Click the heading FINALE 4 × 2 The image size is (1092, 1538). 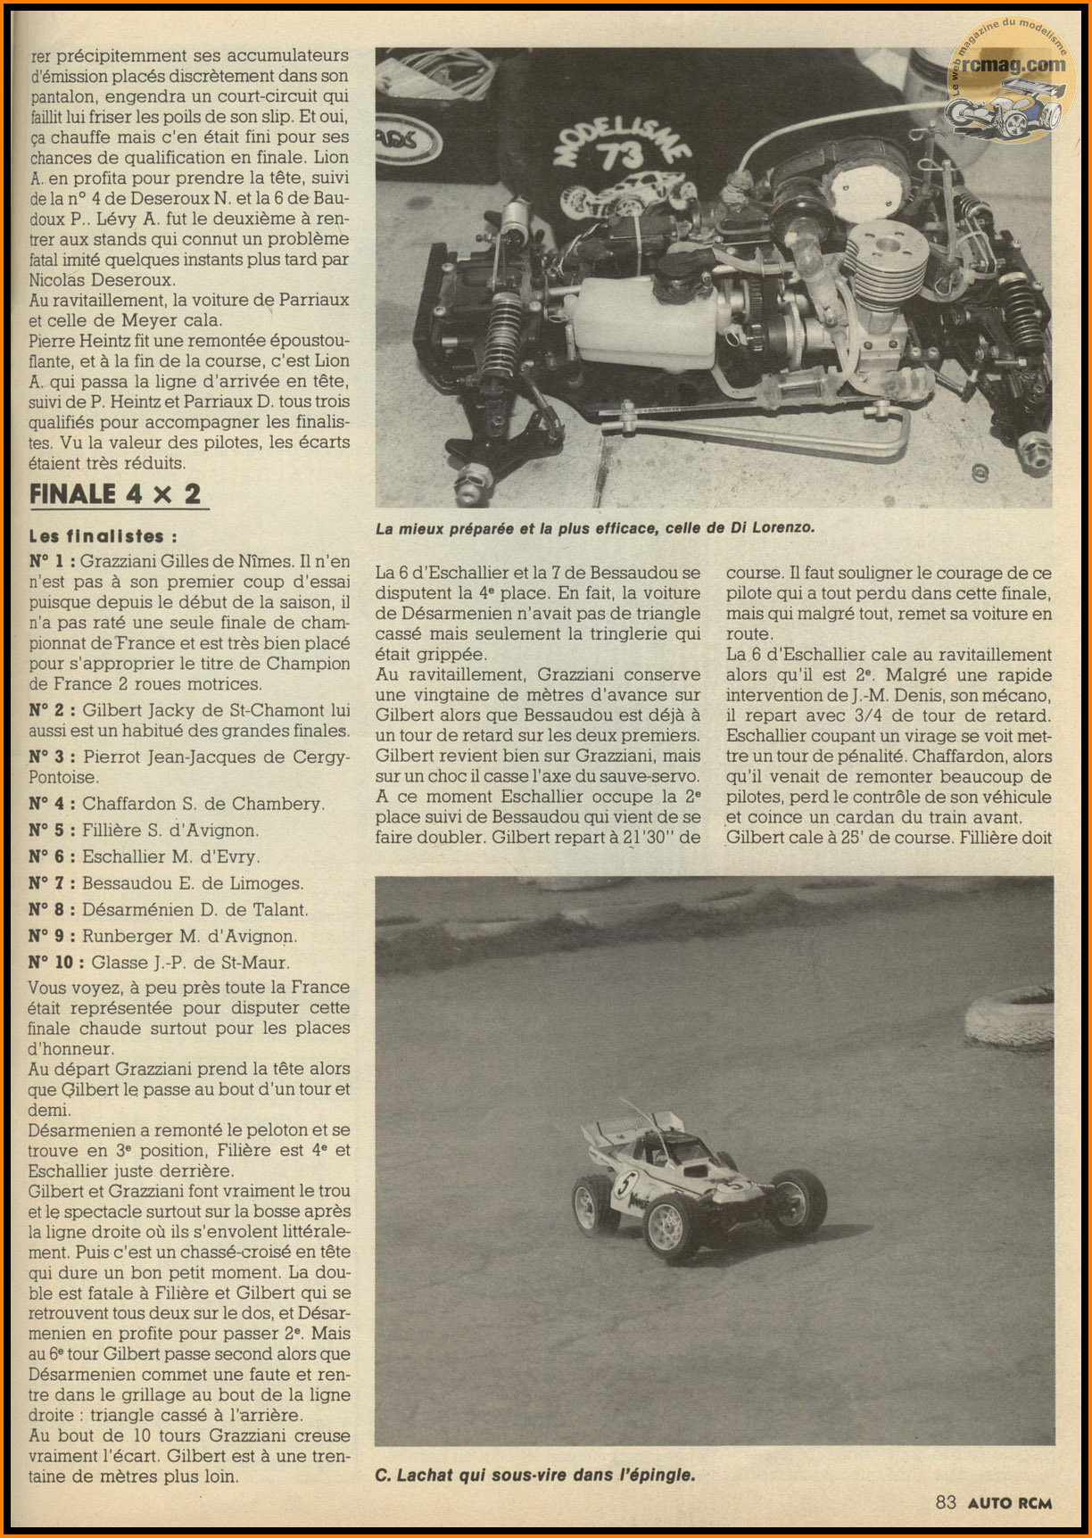[115, 494]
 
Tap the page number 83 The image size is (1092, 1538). [946, 1502]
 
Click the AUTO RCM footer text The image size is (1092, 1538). [1010, 1502]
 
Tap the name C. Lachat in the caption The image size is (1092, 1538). [414, 1476]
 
